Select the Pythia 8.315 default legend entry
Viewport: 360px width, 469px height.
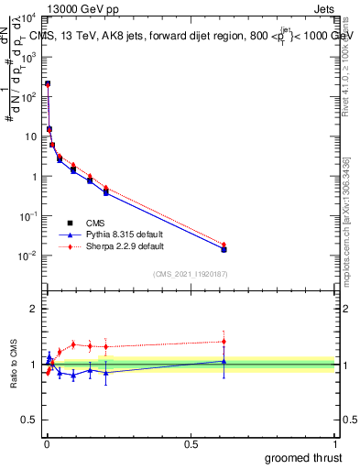[110, 234]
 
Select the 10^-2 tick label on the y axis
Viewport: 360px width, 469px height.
[27, 256]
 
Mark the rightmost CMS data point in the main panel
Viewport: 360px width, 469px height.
[224, 249]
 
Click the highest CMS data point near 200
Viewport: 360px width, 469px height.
[48, 83]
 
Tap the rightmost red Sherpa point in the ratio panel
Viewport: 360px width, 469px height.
[224, 342]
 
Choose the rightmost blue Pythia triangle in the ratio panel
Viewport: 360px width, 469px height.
[224, 362]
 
